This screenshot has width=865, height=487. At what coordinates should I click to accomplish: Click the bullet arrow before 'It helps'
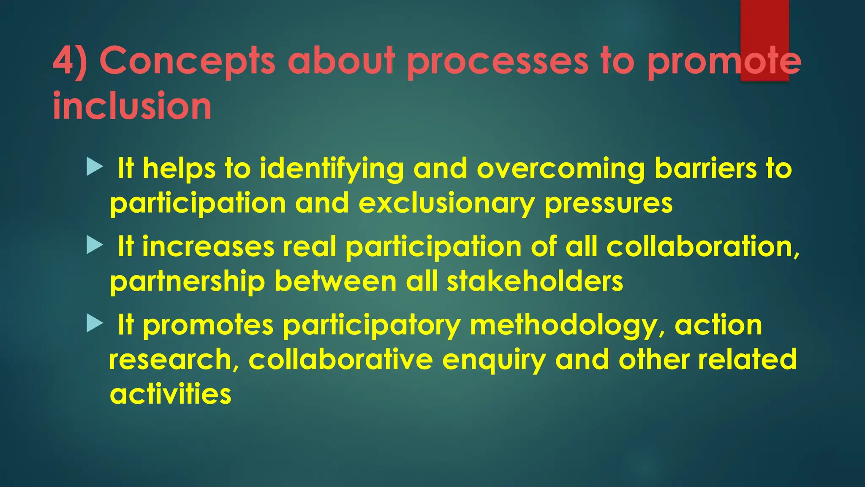click(95, 167)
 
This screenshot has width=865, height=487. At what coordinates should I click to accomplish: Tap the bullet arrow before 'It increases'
click(95, 245)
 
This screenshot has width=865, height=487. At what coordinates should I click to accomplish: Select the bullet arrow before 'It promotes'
click(95, 323)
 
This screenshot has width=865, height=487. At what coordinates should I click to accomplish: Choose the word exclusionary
click(447, 204)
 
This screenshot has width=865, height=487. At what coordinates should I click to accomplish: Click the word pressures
click(609, 204)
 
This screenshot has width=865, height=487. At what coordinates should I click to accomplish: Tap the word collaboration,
click(703, 246)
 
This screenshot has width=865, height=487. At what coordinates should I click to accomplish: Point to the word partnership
click(188, 282)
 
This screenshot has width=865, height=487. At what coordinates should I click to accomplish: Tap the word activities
click(171, 394)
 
